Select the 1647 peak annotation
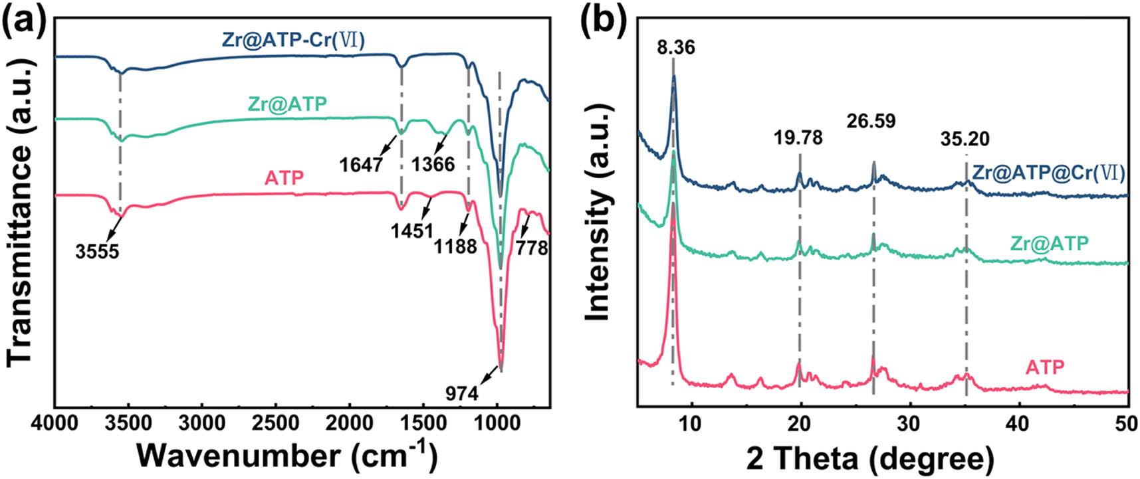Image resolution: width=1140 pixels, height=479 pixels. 361,163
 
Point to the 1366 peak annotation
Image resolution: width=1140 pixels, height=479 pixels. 433,163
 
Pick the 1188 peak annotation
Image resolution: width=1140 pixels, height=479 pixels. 456,246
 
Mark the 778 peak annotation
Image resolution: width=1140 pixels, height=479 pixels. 533,248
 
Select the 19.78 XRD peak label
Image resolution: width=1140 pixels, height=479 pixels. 798,138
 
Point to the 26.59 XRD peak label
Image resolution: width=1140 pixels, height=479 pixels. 871,122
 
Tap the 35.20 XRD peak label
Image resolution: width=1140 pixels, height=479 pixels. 965,139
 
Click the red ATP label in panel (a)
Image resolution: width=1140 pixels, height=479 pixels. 284,178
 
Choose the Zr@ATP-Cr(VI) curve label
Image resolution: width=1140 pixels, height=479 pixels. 293,41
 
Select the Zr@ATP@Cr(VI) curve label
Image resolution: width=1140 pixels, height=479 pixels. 1048,173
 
